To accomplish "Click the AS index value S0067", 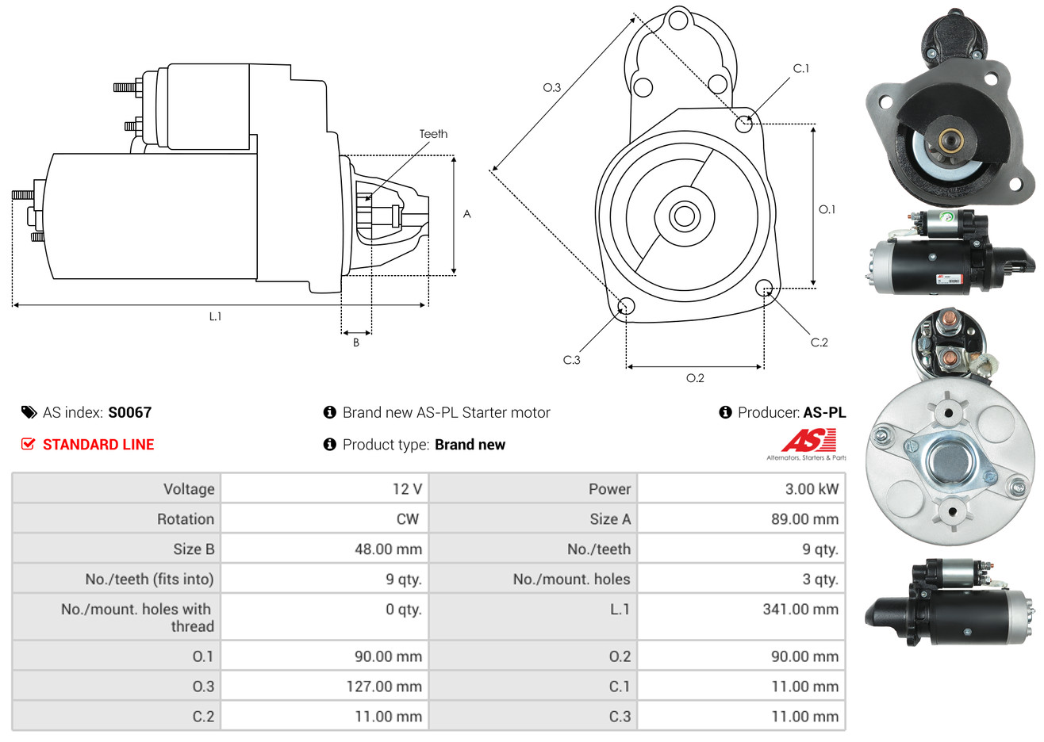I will [x=129, y=412].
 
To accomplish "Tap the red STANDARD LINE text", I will [x=98, y=445].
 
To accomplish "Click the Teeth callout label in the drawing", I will [x=433, y=134].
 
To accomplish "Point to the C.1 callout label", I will [x=801, y=69].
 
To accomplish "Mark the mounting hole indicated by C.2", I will [x=764, y=287].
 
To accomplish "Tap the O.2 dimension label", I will [x=695, y=378].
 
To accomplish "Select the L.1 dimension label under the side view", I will [x=215, y=316].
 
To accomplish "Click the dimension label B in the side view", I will [x=356, y=342].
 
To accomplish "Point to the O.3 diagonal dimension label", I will [x=552, y=88].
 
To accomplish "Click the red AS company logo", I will [x=808, y=442].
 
